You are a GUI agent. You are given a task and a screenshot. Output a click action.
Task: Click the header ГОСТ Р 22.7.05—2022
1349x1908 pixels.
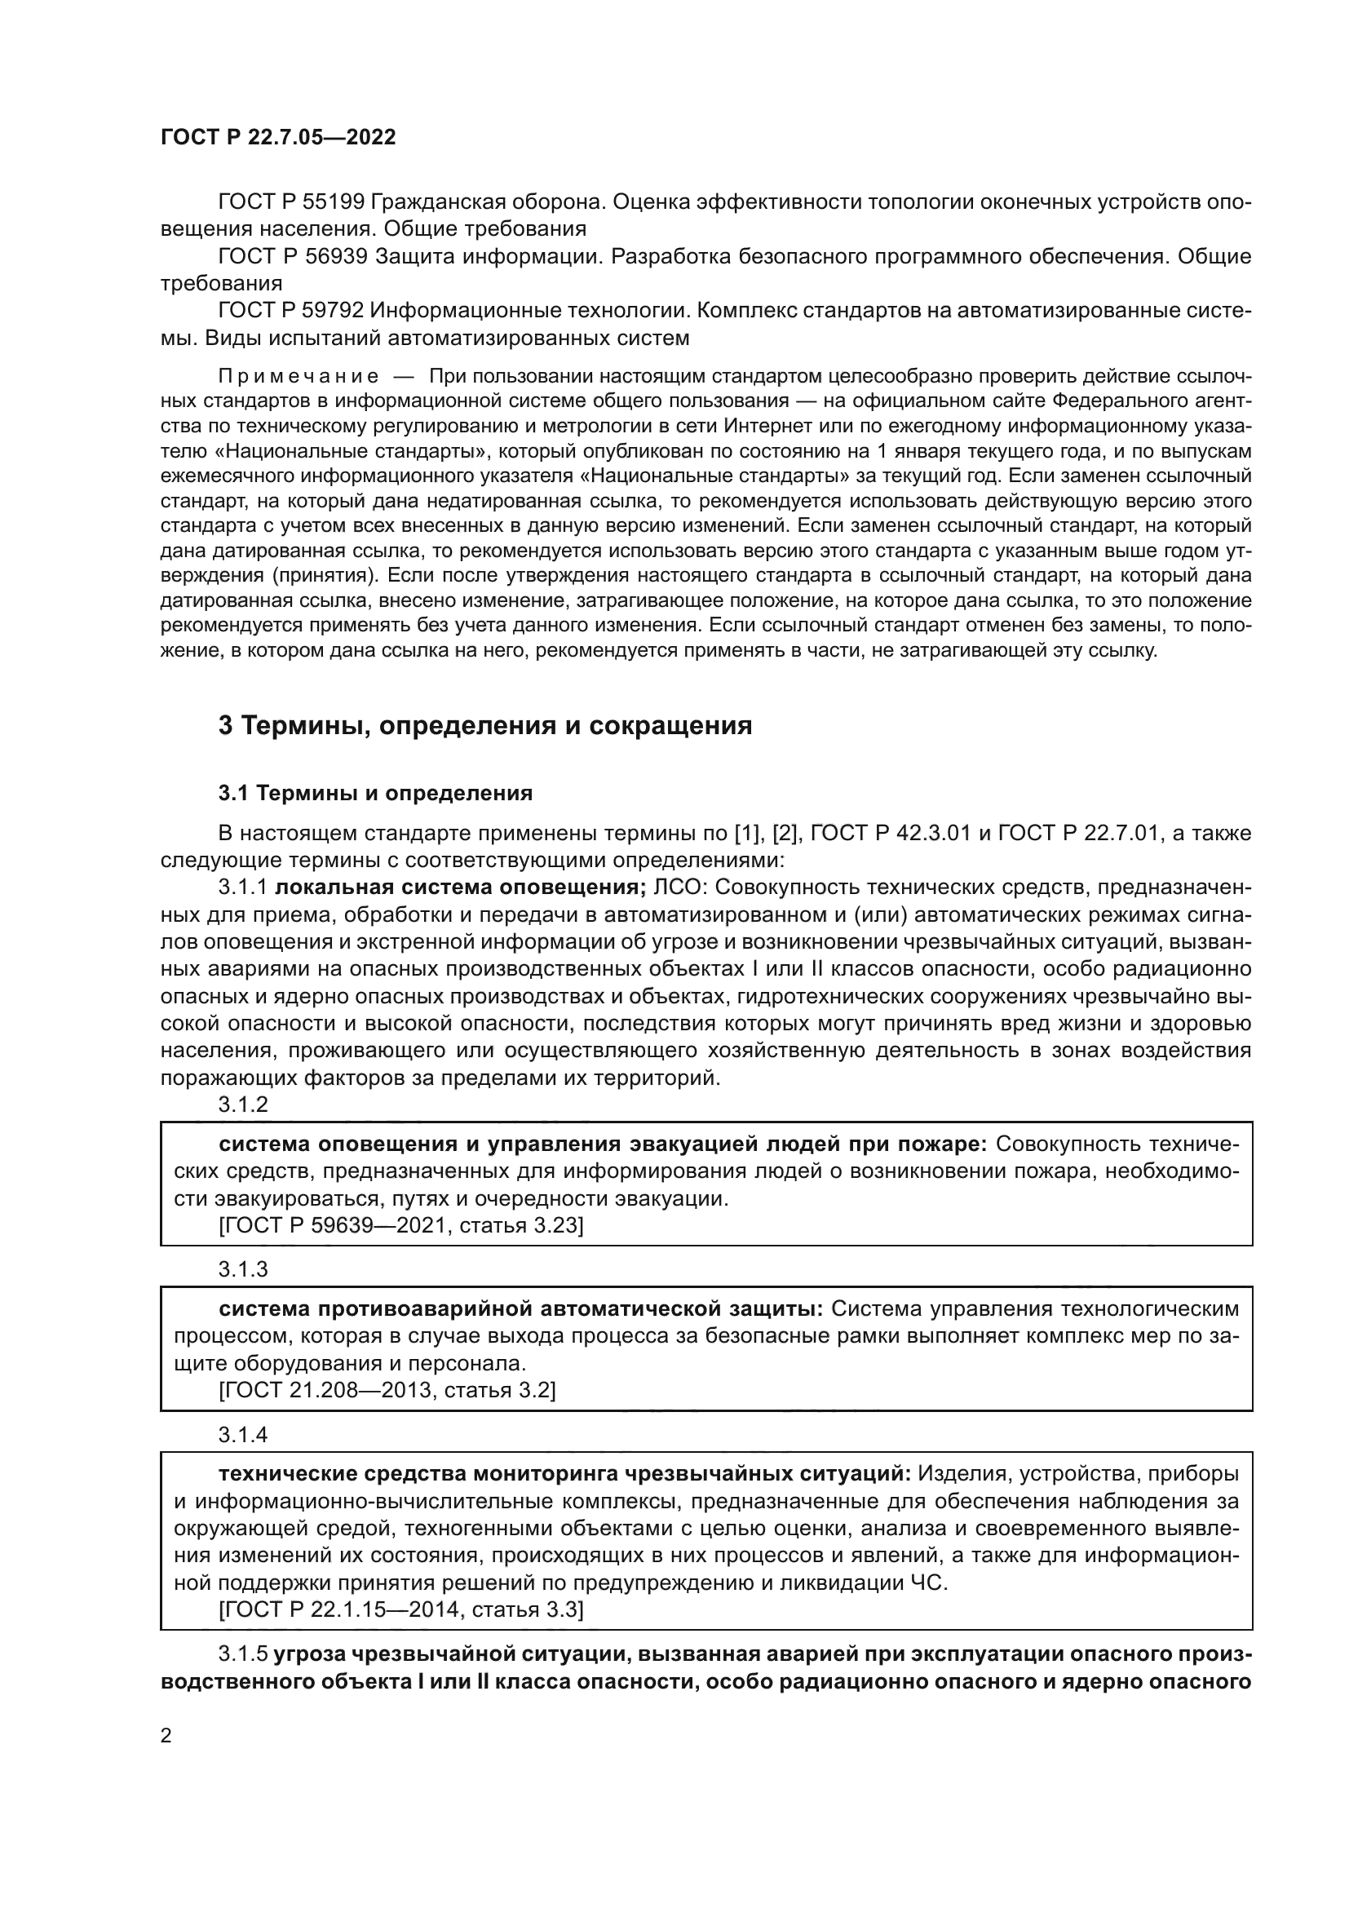click(277, 138)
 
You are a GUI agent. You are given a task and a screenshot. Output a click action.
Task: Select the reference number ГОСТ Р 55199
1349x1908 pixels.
click(290, 202)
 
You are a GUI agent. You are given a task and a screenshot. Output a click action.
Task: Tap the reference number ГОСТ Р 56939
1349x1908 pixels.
click(290, 257)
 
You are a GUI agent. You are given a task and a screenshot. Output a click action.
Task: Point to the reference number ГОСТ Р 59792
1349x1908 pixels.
click(290, 311)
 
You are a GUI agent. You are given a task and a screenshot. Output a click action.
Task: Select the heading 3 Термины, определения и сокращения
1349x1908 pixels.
click(484, 726)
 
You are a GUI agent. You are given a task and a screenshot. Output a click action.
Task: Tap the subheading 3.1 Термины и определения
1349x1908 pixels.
click(374, 794)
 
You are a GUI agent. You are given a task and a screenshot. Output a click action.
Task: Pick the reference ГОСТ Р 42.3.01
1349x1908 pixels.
click(891, 834)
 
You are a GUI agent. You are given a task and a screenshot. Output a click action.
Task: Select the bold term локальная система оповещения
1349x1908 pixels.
click(459, 888)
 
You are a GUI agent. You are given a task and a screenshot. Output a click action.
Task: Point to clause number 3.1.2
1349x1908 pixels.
click(242, 1105)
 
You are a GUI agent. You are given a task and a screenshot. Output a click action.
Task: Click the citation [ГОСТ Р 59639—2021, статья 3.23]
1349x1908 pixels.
click(400, 1226)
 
